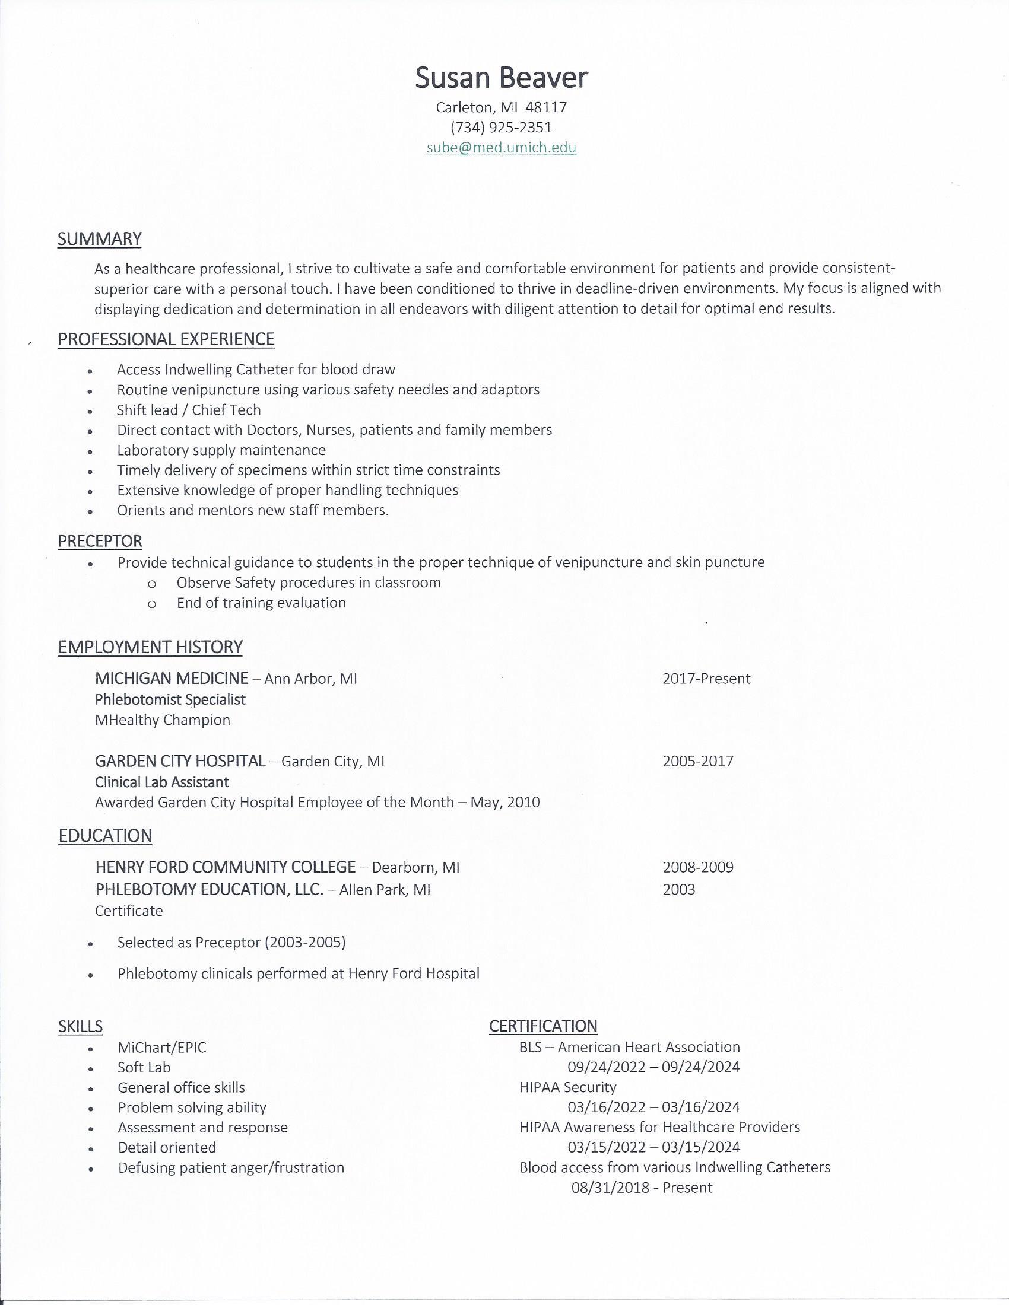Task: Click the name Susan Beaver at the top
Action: [x=502, y=78]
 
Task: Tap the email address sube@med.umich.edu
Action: [x=502, y=148]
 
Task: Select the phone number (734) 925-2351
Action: [x=502, y=128]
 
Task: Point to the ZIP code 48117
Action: [x=545, y=107]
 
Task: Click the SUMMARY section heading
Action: [x=99, y=239]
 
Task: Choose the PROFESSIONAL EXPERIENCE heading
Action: [x=166, y=339]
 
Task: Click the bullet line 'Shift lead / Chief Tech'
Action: [x=189, y=410]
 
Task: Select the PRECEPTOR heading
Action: [x=100, y=542]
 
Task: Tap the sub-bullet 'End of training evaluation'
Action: [x=261, y=603]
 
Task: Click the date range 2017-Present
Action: [x=706, y=679]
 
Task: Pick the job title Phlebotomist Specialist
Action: [x=170, y=699]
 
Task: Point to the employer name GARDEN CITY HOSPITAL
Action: [x=180, y=761]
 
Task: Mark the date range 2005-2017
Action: [x=697, y=761]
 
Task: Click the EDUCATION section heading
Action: [x=105, y=836]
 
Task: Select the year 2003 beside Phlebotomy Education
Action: [x=679, y=890]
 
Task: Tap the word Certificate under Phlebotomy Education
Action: [x=129, y=911]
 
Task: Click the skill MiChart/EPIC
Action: [x=162, y=1048]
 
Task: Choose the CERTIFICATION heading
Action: [x=542, y=1026]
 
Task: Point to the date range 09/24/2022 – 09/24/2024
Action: [x=654, y=1067]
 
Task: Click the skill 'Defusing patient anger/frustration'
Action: [x=231, y=1167]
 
